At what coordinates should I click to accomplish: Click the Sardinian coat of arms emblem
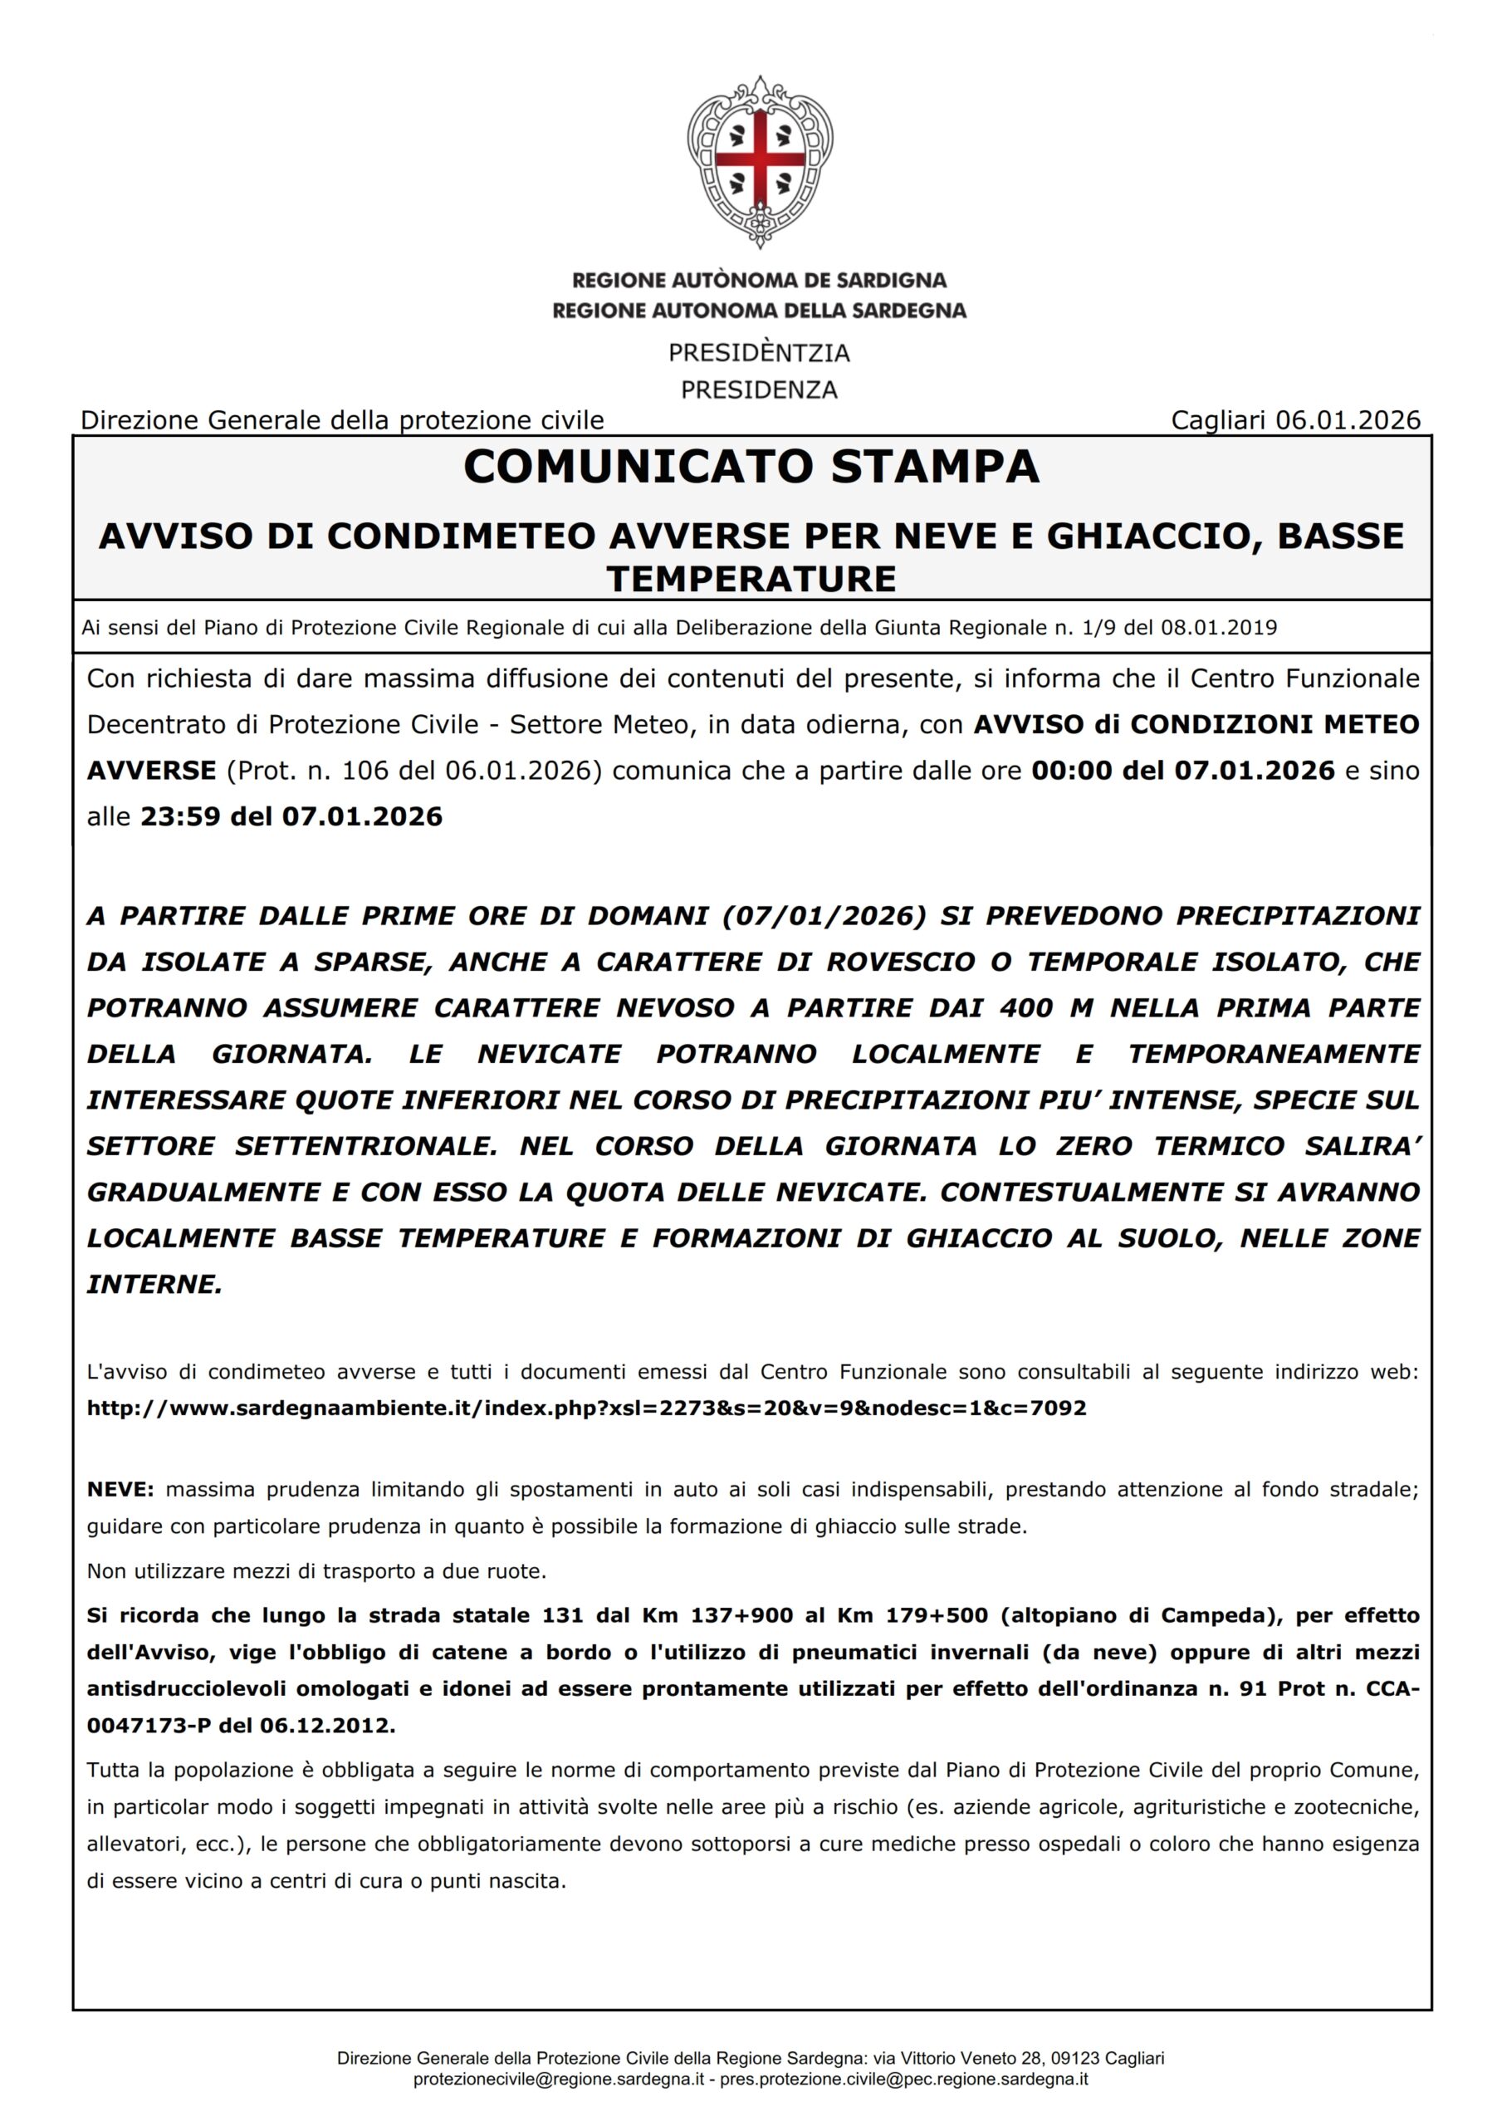coord(760,161)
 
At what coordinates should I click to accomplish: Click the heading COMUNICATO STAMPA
coord(751,467)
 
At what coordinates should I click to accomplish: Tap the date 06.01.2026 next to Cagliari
coord(1348,420)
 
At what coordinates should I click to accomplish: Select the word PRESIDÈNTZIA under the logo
coord(760,353)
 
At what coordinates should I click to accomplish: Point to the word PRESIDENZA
coord(760,389)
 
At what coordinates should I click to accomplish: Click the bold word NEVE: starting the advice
coord(120,1490)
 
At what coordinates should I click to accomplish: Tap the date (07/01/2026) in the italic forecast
coord(823,916)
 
